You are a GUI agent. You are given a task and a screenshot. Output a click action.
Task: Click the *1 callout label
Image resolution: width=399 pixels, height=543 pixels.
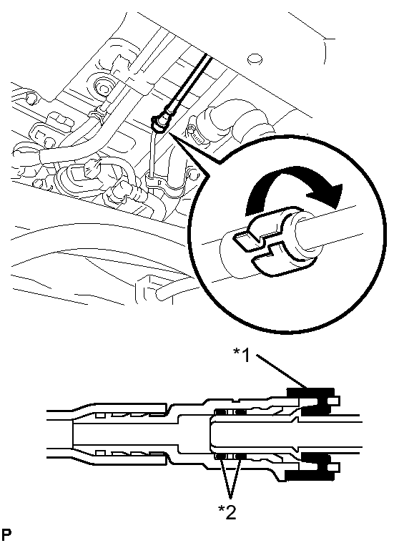pyautogui.click(x=242, y=355)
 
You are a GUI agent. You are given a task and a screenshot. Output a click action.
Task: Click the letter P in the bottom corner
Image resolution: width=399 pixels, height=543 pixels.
pyautogui.click(x=6, y=535)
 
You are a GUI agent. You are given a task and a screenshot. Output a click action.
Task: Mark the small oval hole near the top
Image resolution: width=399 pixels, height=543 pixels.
pyautogui.click(x=255, y=59)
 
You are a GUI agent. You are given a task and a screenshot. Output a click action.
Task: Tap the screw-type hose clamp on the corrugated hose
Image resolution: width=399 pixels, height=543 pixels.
pyautogui.click(x=196, y=135)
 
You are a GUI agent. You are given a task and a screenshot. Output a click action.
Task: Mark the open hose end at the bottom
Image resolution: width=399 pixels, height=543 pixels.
pyautogui.click(x=162, y=294)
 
